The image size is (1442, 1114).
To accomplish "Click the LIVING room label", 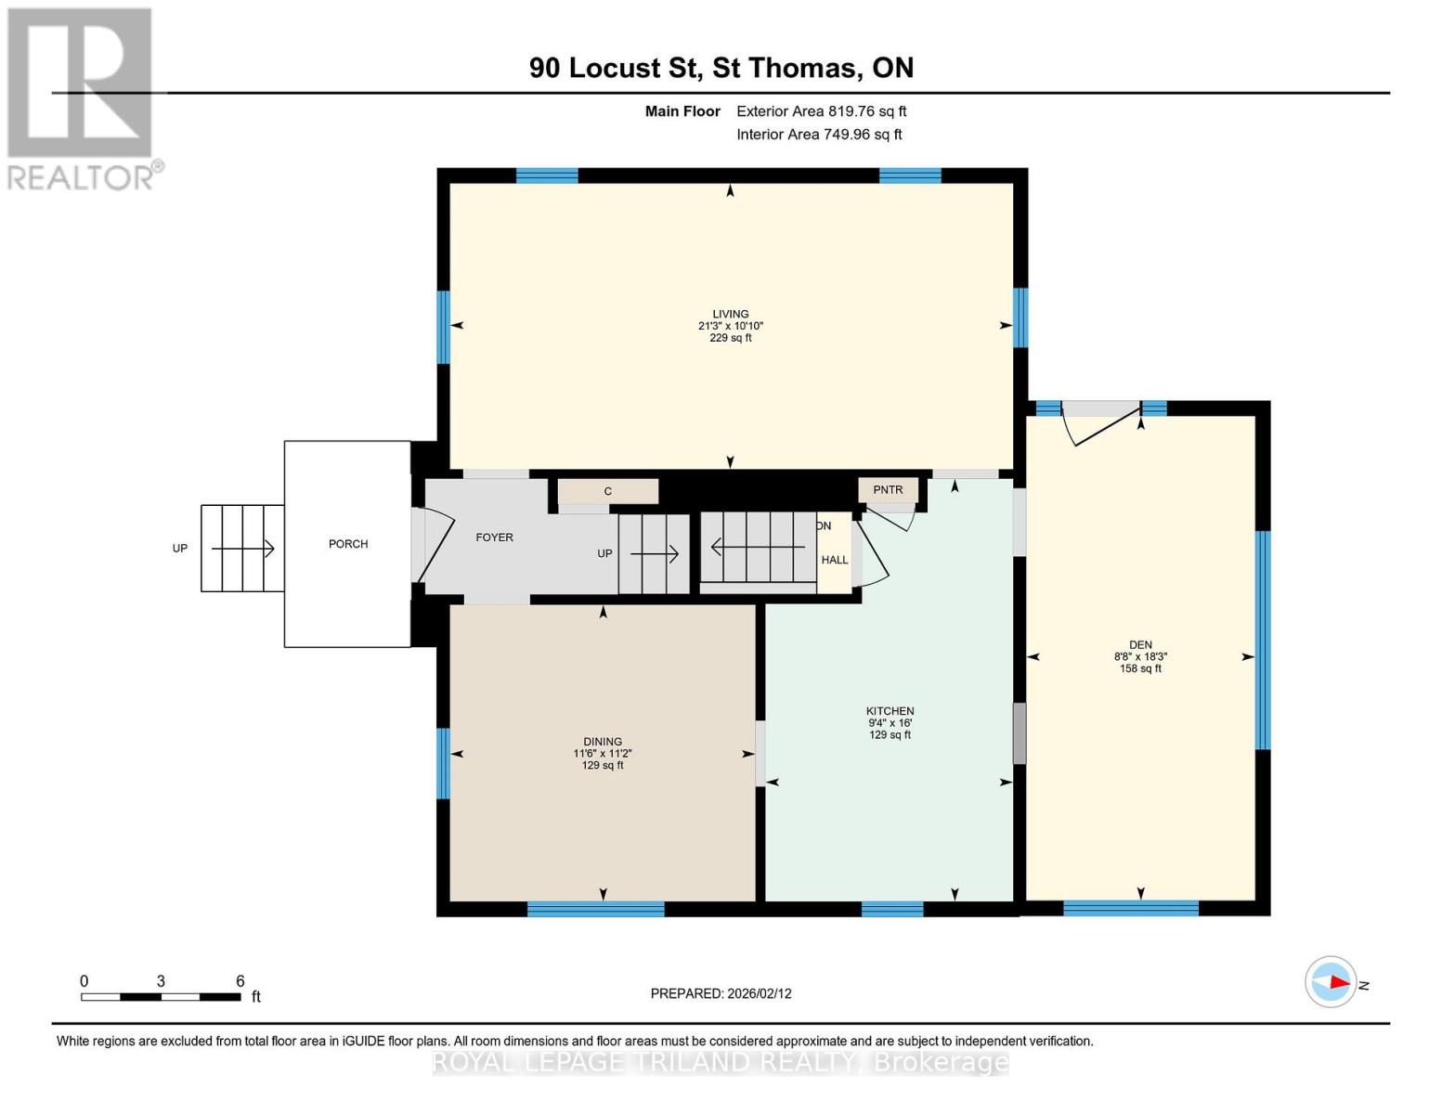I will pyautogui.click(x=730, y=314).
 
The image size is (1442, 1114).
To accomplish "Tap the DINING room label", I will pyautogui.click(x=603, y=742).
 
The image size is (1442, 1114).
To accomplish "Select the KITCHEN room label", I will pyautogui.click(x=890, y=711).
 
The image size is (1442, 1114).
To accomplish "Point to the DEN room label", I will pyautogui.click(x=1140, y=644).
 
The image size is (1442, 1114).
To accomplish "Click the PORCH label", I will pyautogui.click(x=348, y=544).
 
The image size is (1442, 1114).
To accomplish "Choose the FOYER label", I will pyautogui.click(x=494, y=538).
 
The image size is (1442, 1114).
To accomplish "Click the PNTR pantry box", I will pyautogui.click(x=888, y=490).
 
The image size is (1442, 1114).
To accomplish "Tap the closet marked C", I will pyautogui.click(x=608, y=491).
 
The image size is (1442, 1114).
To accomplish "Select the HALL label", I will pyautogui.click(x=834, y=560).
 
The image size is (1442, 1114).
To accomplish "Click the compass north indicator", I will pyautogui.click(x=1332, y=982).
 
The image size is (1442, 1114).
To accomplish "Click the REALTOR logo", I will pyautogui.click(x=82, y=97).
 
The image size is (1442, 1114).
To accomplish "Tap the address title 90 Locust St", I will pyautogui.click(x=721, y=68).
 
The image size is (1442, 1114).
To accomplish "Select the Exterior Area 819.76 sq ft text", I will pyautogui.click(x=821, y=111).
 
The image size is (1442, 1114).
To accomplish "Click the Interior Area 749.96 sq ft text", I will pyautogui.click(x=819, y=135).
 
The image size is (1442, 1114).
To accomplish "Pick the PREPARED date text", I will pyautogui.click(x=721, y=993).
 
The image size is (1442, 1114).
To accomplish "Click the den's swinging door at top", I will pyautogui.click(x=1103, y=424).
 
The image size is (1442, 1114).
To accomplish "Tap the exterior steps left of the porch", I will pyautogui.click(x=242, y=548).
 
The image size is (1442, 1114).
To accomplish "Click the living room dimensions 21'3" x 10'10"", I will pyautogui.click(x=730, y=326).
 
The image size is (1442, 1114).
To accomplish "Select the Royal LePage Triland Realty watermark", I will pyautogui.click(x=721, y=1062).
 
